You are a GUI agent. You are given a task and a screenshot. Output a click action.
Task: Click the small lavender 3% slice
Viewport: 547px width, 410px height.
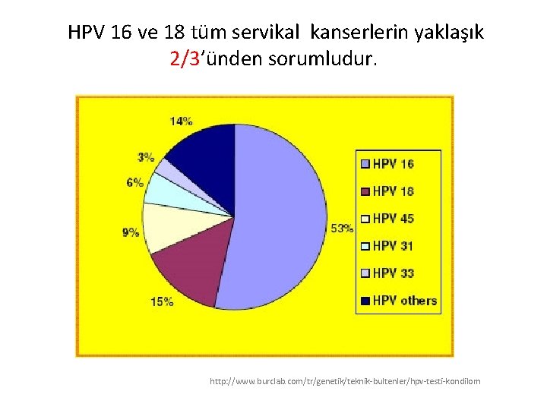pyautogui.click(x=163, y=169)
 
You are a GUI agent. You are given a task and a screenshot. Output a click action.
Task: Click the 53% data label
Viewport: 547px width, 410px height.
pyautogui.click(x=342, y=227)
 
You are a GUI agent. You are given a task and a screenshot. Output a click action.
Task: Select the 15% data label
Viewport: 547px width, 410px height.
pyautogui.click(x=162, y=301)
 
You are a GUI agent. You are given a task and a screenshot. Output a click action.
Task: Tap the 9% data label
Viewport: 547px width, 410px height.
pyautogui.click(x=131, y=232)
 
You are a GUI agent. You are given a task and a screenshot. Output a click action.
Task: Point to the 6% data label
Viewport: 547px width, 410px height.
pyautogui.click(x=135, y=182)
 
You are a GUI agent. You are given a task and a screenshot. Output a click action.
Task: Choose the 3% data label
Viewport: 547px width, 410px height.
pyautogui.click(x=146, y=157)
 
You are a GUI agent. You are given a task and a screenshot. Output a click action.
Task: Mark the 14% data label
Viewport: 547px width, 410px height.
pyautogui.click(x=181, y=121)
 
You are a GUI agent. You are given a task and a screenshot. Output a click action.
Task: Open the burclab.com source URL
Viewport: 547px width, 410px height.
pyautogui.click(x=345, y=381)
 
